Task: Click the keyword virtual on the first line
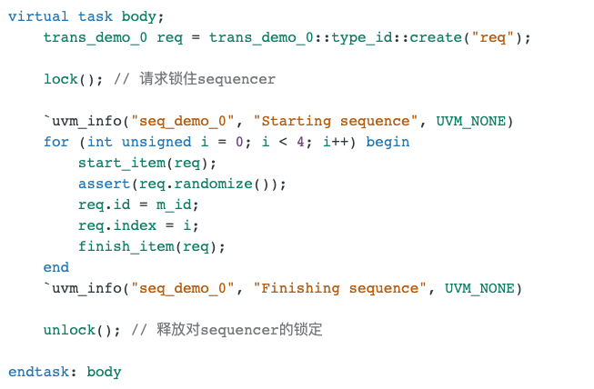[x=38, y=16]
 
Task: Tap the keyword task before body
[x=96, y=16]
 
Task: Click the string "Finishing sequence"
[x=341, y=288]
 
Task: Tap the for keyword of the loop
[x=55, y=142]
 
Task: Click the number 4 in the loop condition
[x=298, y=142]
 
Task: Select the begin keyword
[x=388, y=142]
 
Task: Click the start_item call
[x=121, y=163]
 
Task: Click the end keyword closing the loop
[x=55, y=267]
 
